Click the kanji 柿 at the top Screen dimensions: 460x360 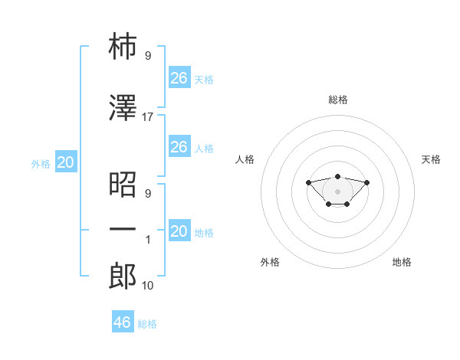(123, 46)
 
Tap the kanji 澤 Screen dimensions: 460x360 (123, 107)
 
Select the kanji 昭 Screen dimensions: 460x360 (123, 185)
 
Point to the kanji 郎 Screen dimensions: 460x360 (123, 276)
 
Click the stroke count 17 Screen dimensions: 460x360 (147, 117)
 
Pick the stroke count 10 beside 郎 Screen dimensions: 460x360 (147, 285)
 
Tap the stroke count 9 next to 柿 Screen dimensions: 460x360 (148, 55)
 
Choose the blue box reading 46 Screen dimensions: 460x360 (123, 321)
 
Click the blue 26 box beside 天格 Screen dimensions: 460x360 (179, 77)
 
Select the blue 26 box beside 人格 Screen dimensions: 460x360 (179, 146)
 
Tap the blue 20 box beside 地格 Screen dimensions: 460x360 (179, 230)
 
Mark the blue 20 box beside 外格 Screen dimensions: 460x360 (66, 162)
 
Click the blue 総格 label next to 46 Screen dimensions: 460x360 (147, 324)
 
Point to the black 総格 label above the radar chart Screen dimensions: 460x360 (338, 100)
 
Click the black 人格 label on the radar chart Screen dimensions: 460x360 (245, 159)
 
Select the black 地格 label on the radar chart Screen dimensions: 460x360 (402, 262)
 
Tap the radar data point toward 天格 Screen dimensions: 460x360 (366, 182)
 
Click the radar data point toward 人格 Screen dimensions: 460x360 (308, 182)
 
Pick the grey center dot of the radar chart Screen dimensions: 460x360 (337, 191)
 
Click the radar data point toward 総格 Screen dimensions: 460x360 (337, 176)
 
